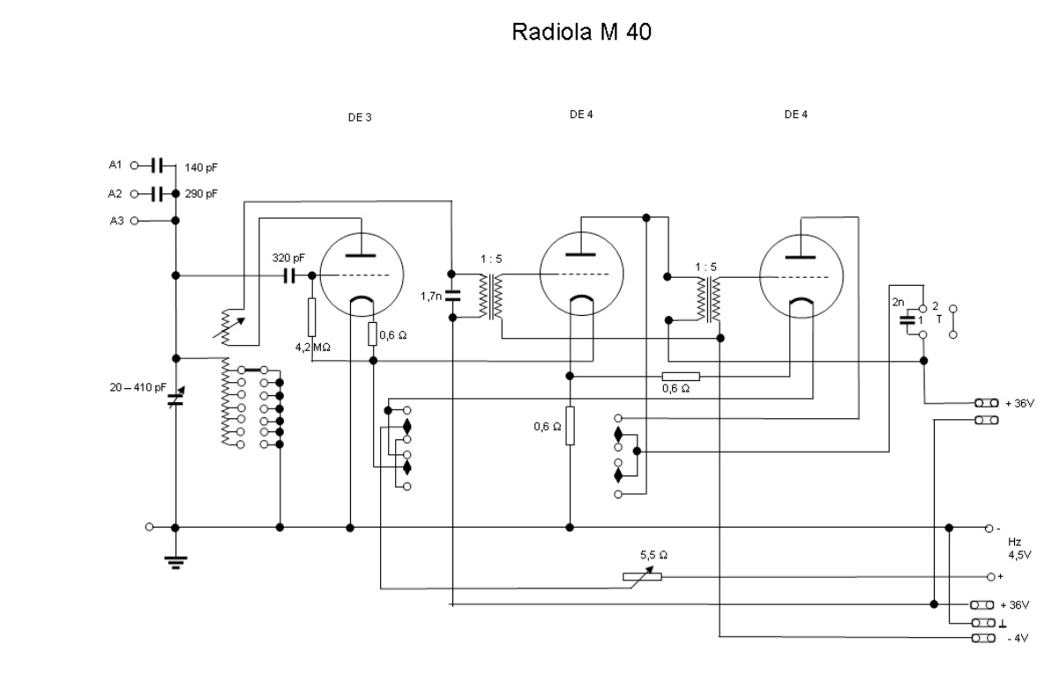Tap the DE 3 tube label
359,117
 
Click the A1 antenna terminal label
116,165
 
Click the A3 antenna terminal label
116,221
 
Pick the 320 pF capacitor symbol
288,275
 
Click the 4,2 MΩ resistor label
313,347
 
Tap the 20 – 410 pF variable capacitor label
138,386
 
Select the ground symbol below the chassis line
175,560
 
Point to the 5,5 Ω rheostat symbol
642,576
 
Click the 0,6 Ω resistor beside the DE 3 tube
372,334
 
